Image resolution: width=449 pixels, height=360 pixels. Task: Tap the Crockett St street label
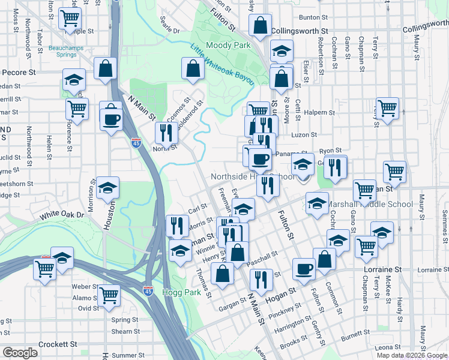click(58, 344)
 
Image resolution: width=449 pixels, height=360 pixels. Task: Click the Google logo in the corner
click(20, 353)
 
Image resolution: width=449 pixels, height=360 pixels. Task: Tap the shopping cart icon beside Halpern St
click(387, 109)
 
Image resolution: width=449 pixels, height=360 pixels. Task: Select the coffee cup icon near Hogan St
click(304, 268)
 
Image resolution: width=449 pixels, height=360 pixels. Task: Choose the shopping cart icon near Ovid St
click(109, 294)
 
